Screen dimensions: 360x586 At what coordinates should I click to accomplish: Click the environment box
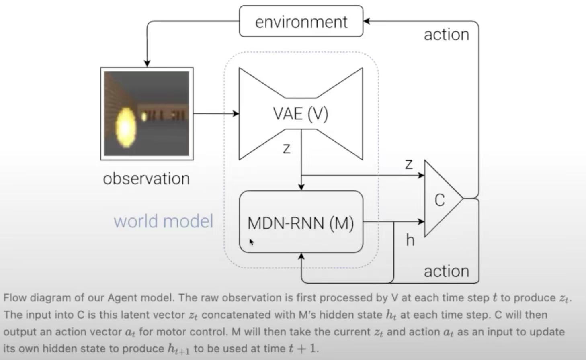pos(301,21)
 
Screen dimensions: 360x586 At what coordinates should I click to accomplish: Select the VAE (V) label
pos(301,114)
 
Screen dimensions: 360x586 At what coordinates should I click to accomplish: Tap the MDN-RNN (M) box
pos(301,222)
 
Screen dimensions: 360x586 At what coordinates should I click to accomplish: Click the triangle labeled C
pos(440,199)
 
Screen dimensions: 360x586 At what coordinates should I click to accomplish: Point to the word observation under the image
pos(146,179)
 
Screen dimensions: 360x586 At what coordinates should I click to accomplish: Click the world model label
pos(163,221)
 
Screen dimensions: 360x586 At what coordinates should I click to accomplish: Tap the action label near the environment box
pos(446,35)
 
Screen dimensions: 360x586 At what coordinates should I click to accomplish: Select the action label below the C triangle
pos(446,271)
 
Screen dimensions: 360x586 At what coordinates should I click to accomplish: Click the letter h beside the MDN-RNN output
pos(410,240)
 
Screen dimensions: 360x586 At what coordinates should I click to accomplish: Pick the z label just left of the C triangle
pos(409,164)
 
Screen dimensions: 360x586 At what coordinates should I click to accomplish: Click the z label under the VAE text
pos(287,149)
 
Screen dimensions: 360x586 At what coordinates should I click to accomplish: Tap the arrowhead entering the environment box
pos(366,21)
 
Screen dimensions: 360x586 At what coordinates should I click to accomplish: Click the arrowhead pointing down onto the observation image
pos(147,63)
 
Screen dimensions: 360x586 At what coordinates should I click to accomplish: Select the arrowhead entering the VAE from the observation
pos(236,114)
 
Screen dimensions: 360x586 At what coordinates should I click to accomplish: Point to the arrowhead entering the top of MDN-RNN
pos(301,187)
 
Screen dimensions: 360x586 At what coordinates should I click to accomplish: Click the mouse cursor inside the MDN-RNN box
pos(251,241)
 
